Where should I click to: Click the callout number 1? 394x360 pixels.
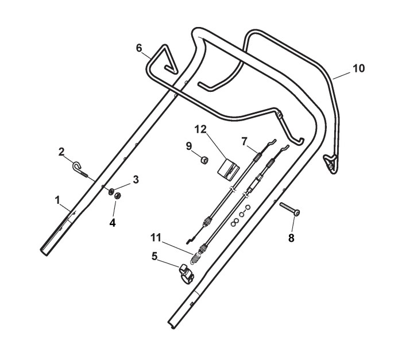[57, 199]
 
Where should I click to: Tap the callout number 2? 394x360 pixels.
[61, 152]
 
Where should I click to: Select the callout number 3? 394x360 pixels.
[136, 180]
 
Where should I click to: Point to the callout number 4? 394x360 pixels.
[113, 222]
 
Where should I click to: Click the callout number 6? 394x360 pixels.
[138, 48]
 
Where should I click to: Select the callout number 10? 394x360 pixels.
[358, 68]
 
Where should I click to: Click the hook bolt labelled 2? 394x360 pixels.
[81, 170]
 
